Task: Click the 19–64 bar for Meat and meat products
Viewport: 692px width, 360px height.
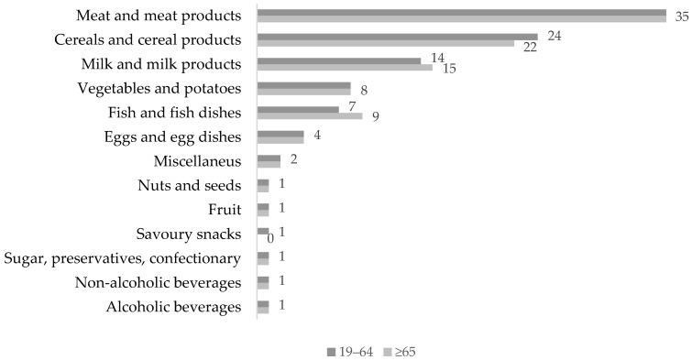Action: [461, 12]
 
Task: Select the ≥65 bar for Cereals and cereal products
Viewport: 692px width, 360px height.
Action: [386, 43]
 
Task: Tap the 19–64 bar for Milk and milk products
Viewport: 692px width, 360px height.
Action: [338, 60]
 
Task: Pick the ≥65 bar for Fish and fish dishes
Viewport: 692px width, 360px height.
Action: [310, 115]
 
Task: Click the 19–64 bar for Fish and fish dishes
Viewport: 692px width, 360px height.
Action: [298, 109]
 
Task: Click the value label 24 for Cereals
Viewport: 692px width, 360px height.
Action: [553, 36]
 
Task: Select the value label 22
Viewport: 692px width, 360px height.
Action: [530, 48]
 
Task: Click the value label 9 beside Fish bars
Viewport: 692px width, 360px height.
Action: [376, 117]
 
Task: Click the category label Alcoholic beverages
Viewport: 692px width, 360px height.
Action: [174, 307]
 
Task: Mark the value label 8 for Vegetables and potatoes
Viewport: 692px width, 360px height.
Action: [365, 91]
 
